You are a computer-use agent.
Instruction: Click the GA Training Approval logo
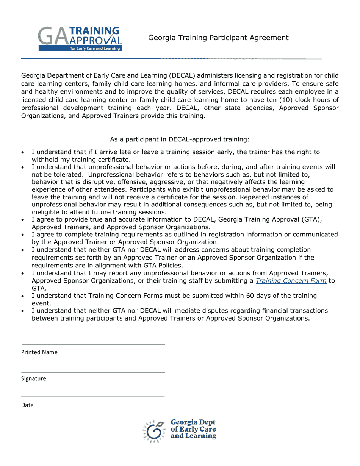(x=80, y=39)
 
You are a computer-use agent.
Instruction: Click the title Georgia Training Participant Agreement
(x=218, y=38)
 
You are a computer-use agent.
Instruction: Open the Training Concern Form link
(x=291, y=281)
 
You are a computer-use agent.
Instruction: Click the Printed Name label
(x=39, y=352)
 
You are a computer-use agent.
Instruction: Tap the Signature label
(x=34, y=378)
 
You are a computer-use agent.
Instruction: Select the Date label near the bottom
(x=27, y=405)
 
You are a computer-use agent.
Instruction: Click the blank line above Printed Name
(x=93, y=345)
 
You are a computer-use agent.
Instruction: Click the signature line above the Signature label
(x=93, y=372)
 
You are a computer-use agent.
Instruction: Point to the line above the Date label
(x=93, y=397)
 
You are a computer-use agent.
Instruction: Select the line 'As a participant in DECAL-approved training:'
(x=180, y=139)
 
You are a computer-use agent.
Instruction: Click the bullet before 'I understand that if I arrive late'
(x=23, y=152)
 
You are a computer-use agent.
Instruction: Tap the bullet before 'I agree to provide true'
(x=23, y=220)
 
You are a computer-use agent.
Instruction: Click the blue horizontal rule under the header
(x=171, y=59)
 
